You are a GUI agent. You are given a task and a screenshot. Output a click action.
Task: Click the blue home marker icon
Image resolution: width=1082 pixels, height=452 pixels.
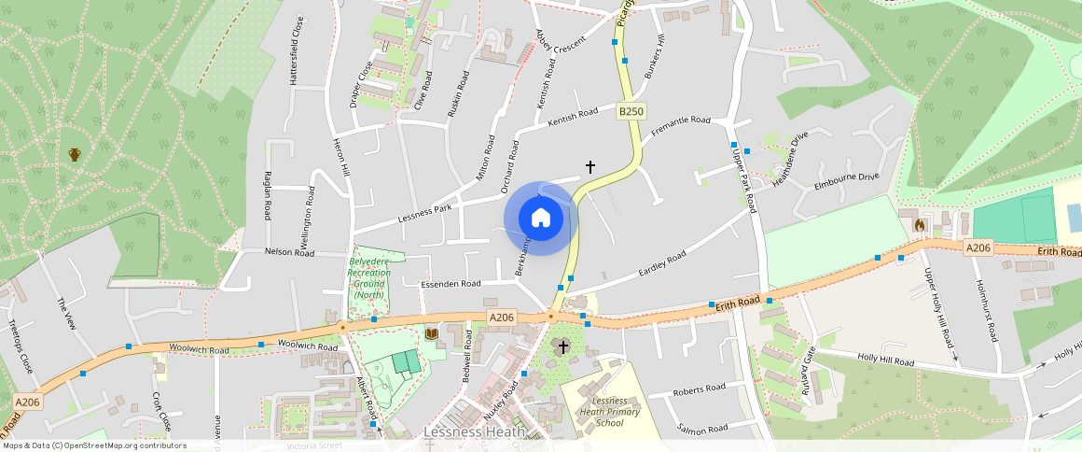point(541,219)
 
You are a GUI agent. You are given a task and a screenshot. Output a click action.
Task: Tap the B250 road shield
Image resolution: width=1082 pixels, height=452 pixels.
point(631,112)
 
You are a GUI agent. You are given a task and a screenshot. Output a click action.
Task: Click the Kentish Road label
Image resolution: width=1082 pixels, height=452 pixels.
point(573,118)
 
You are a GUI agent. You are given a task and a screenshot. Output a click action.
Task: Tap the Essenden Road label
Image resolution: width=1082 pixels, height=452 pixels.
point(451,283)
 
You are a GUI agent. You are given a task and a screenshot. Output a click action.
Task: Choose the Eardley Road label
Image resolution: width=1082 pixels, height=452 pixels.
point(662,263)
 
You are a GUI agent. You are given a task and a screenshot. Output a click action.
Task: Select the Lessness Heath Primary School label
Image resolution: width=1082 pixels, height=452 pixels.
point(596,411)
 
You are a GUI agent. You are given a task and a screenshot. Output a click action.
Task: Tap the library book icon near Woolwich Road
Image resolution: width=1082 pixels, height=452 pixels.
point(431,333)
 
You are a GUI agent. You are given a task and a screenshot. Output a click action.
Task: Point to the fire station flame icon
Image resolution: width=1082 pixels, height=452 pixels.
point(920,225)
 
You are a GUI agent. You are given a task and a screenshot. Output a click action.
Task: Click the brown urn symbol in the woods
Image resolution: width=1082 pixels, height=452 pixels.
point(75,154)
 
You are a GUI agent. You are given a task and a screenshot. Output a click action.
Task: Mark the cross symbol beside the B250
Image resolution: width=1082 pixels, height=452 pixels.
point(590,166)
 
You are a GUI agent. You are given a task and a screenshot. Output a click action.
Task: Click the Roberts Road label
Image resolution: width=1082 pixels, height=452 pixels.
point(700,388)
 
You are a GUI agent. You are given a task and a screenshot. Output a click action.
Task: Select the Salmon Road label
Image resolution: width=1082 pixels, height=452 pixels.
point(703,429)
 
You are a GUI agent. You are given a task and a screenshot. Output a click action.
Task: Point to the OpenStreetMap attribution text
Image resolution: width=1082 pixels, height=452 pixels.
point(93,445)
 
